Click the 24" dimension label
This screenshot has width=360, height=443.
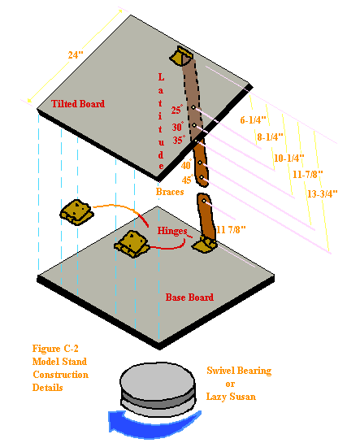click(x=76, y=55)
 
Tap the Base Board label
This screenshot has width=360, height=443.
click(x=189, y=298)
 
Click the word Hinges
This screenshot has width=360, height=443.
click(x=173, y=231)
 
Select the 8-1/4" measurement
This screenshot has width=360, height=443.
click(x=271, y=138)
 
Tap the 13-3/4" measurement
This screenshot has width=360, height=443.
click(x=322, y=193)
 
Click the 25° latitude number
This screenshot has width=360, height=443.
click(x=176, y=110)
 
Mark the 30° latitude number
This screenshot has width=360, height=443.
click(x=176, y=127)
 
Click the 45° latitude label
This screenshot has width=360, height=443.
click(x=187, y=180)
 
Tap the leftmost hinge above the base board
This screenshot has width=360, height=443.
click(x=75, y=215)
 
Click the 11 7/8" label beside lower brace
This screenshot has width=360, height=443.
click(x=232, y=230)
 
